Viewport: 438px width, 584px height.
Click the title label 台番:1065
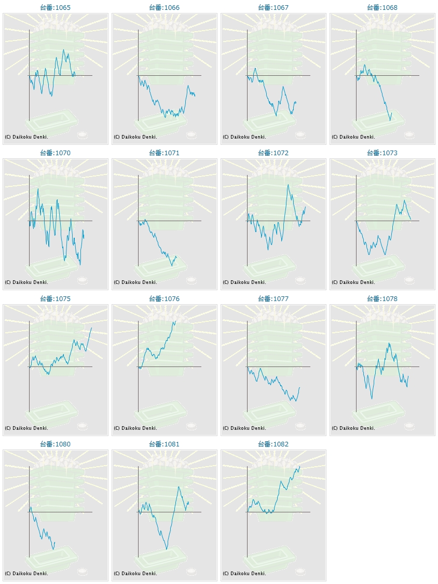pyautogui.click(x=56, y=8)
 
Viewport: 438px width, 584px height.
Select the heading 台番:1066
pyautogui.click(x=165, y=8)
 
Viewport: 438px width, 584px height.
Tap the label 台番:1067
pyautogui.click(x=273, y=8)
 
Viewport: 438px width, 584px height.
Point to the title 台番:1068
pyautogui.click(x=382, y=8)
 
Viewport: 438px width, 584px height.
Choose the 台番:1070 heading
pyautogui.click(x=56, y=153)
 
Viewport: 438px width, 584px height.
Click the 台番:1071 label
pyautogui.click(x=165, y=153)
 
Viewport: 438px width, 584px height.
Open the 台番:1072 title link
pyautogui.click(x=273, y=153)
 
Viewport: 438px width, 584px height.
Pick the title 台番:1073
pyautogui.click(x=382, y=153)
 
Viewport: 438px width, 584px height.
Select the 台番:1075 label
pyautogui.click(x=56, y=299)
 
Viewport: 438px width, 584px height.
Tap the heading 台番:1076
pyautogui.click(x=165, y=299)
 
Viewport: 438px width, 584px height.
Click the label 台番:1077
pyautogui.click(x=273, y=299)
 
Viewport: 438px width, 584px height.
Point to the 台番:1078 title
pyautogui.click(x=382, y=299)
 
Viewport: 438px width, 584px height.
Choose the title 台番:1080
pyautogui.click(x=56, y=444)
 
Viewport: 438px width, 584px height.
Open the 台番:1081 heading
pyautogui.click(x=165, y=444)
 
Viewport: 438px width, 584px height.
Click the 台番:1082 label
pyautogui.click(x=273, y=444)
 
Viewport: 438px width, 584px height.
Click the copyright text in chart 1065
pyautogui.click(x=26, y=137)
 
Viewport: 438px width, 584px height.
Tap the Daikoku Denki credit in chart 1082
pyautogui.click(x=244, y=574)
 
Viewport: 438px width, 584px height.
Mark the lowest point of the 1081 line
pyautogui.click(x=167, y=549)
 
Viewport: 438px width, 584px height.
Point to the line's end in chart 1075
pyautogui.click(x=92, y=328)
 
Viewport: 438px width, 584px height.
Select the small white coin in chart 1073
pyautogui.click(x=409, y=280)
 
